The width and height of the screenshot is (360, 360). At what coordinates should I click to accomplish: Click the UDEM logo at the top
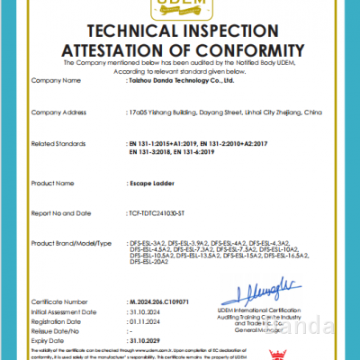coord(180,6)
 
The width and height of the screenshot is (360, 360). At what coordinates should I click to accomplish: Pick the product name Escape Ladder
coord(149,182)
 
